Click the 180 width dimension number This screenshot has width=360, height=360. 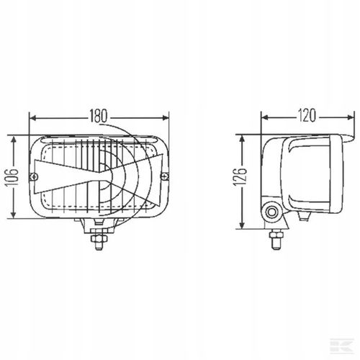click(x=99, y=116)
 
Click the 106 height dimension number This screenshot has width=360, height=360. click(x=12, y=177)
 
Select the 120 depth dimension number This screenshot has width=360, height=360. click(x=307, y=115)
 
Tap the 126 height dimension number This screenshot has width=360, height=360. click(x=240, y=177)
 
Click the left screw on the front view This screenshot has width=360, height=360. click(x=34, y=177)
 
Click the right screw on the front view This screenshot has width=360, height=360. click(x=165, y=177)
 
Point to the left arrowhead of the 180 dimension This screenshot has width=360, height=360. click(x=32, y=118)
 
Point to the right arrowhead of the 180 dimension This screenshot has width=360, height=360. click(x=166, y=118)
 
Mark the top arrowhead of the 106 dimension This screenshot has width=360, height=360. click(x=14, y=140)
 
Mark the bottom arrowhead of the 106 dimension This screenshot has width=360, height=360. click(x=14, y=215)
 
